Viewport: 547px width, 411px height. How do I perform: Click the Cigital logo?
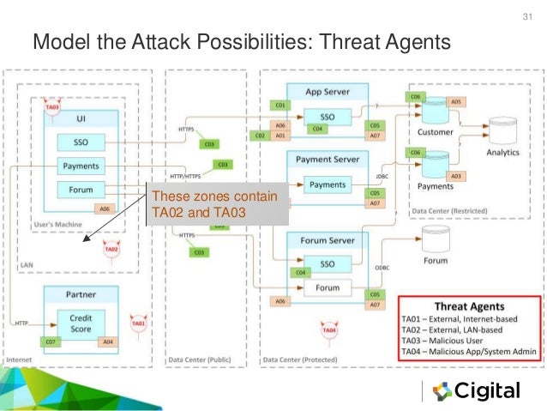[x=476, y=391]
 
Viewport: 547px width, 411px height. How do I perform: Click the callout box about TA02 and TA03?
[x=215, y=204]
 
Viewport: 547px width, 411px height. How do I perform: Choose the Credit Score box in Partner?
[x=81, y=323]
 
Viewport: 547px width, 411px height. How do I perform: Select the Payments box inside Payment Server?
[x=327, y=184]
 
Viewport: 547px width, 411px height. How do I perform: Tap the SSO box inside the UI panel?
[x=81, y=142]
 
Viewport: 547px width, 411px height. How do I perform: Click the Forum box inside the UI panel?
[x=81, y=190]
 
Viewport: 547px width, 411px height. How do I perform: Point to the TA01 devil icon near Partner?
[x=135, y=324]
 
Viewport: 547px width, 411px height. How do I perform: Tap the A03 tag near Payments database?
[x=456, y=176]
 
